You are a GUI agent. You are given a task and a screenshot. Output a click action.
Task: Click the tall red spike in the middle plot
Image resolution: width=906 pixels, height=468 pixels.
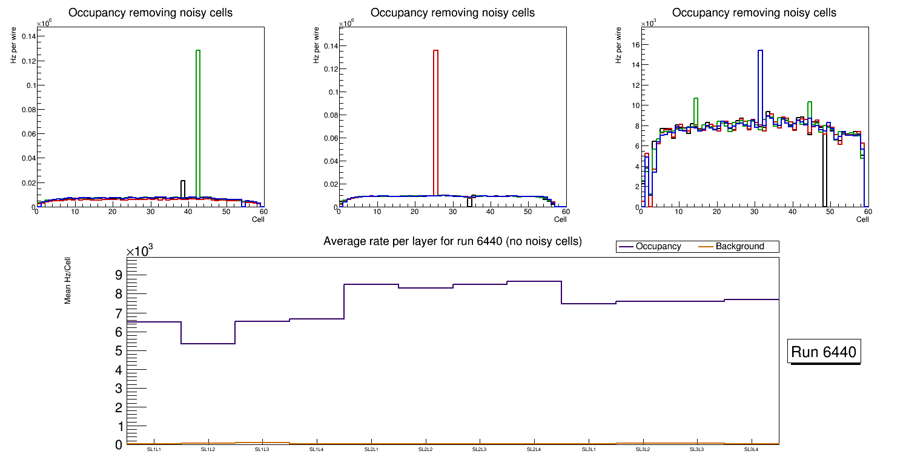click(435, 121)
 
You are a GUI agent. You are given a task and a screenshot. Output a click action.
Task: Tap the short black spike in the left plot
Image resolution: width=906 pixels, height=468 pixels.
click(183, 188)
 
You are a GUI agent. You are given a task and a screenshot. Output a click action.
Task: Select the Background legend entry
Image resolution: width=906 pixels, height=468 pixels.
click(739, 247)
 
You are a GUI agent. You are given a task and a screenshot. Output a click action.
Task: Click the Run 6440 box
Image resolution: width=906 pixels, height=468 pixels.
click(824, 352)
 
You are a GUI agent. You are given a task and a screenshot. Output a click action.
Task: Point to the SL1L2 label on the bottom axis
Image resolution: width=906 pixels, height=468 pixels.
click(208, 450)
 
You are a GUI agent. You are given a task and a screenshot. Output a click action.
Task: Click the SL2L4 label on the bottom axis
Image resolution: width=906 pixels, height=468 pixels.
click(534, 450)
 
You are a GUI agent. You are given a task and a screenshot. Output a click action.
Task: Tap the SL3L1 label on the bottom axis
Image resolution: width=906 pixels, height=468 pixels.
click(588, 450)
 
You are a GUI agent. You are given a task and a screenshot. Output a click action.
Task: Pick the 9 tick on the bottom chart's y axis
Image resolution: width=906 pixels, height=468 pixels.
click(119, 275)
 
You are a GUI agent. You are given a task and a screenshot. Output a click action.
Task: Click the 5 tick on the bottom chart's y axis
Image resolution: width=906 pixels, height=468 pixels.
click(119, 351)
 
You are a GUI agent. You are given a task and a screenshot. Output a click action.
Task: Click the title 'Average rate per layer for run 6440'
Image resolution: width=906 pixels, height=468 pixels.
click(452, 241)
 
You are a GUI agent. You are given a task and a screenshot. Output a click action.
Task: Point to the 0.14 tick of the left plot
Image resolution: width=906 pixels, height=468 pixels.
click(28, 36)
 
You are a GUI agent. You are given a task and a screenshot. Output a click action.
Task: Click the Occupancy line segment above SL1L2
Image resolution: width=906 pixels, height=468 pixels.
click(208, 344)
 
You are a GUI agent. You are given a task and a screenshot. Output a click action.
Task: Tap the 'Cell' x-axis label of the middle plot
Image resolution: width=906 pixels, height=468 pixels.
click(560, 219)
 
